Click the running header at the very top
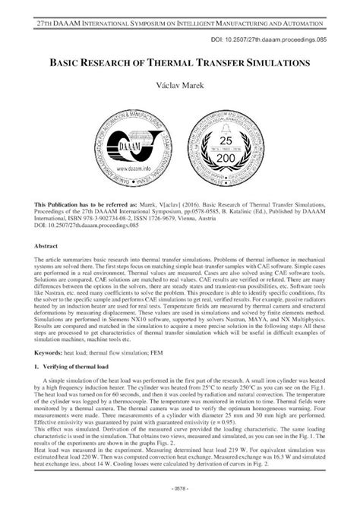180,16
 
